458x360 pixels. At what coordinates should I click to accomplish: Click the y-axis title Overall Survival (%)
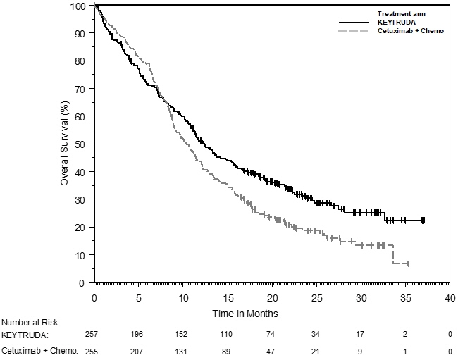point(64,144)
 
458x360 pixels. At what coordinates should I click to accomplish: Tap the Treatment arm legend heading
point(402,13)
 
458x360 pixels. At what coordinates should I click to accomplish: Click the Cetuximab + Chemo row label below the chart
point(39,349)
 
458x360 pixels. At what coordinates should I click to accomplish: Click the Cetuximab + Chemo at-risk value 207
point(139,349)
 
